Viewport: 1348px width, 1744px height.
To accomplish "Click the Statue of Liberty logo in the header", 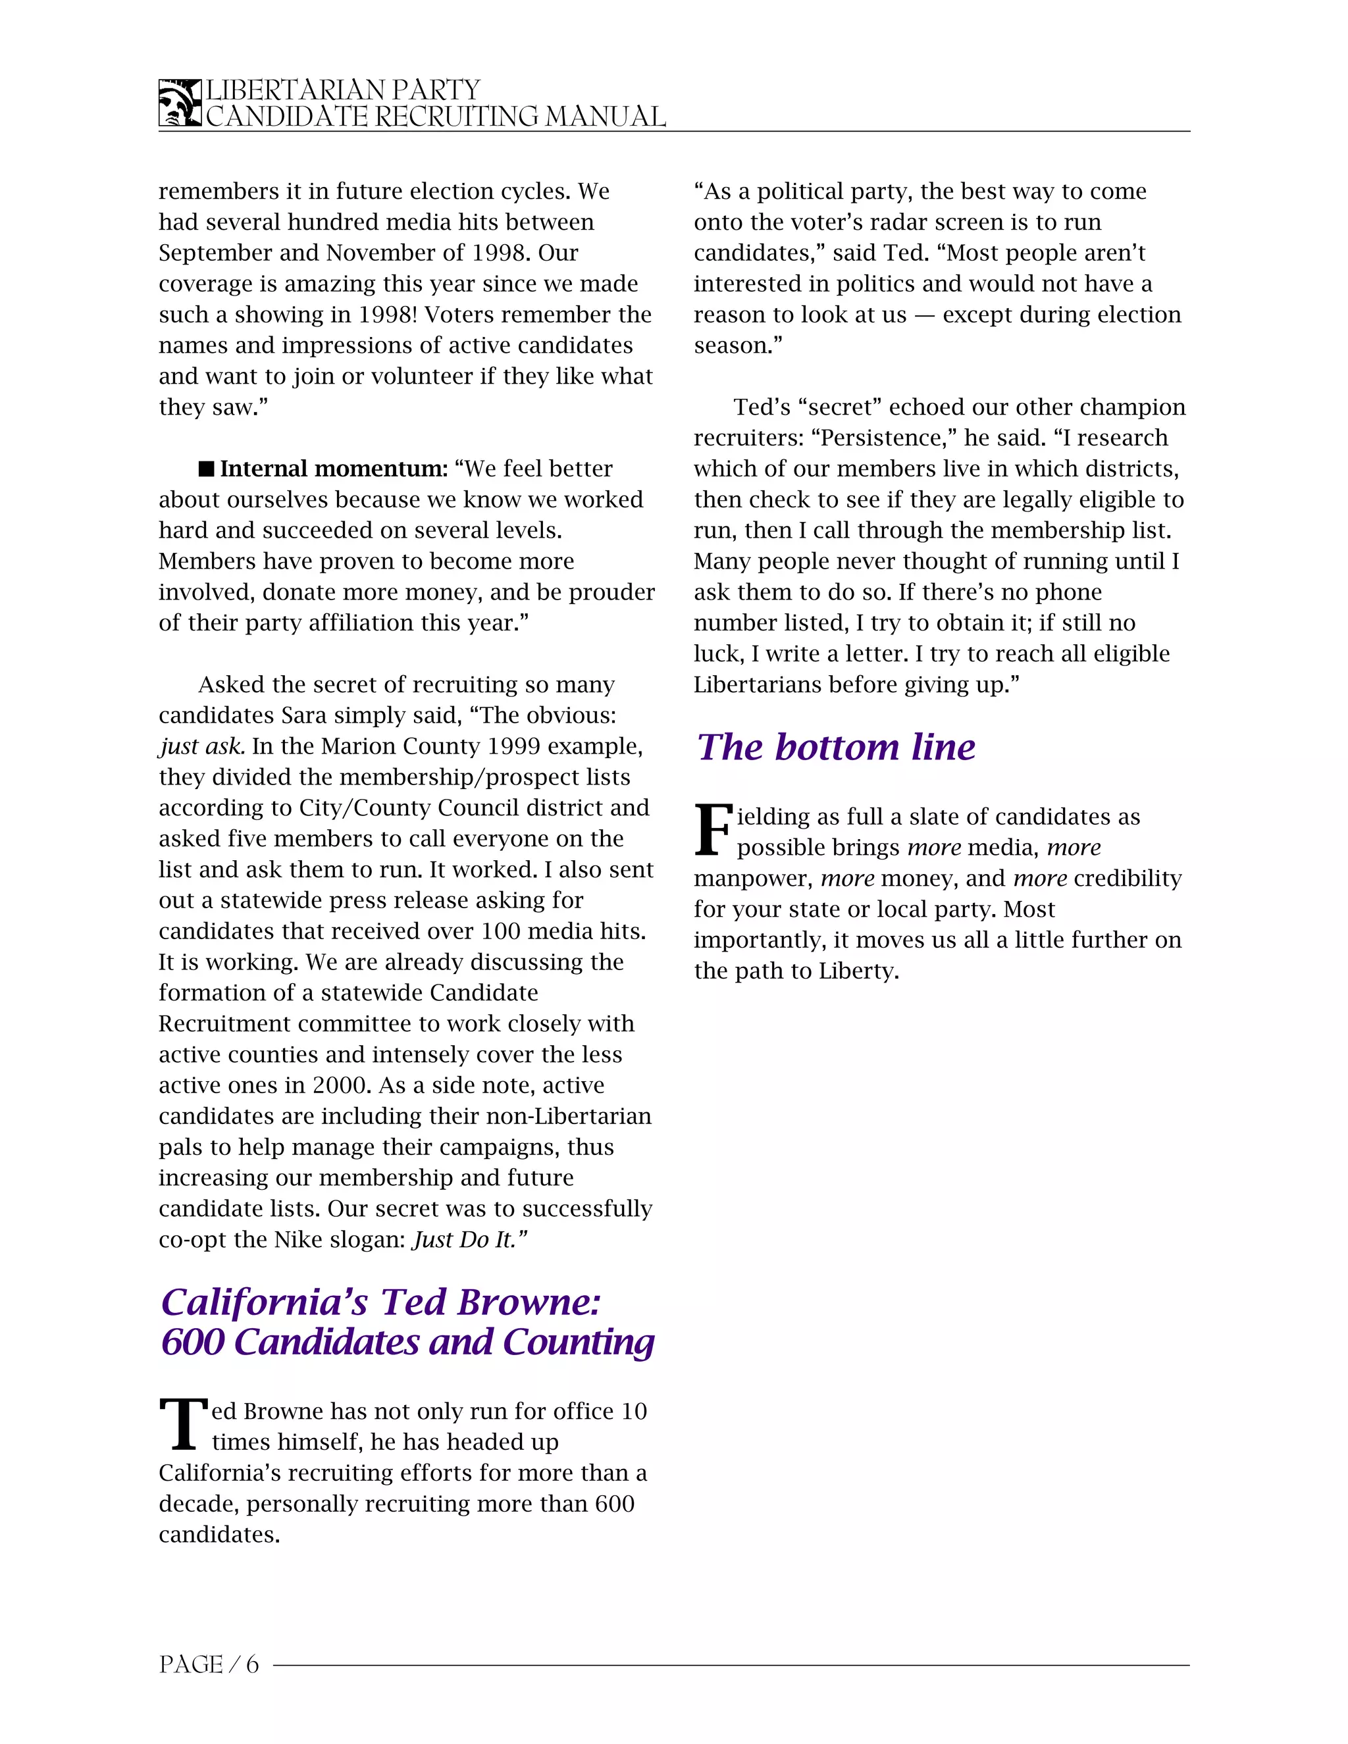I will pyautogui.click(x=180, y=103).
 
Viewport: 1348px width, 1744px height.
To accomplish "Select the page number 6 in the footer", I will pyautogui.click(x=252, y=1665).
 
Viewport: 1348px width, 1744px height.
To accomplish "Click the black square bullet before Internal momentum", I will pyautogui.click(x=206, y=469).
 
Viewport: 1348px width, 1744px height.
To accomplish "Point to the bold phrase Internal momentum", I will pyautogui.click(x=334, y=469).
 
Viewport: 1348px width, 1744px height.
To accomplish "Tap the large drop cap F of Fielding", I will pyautogui.click(x=712, y=831).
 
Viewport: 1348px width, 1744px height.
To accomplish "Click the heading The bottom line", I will pyautogui.click(x=835, y=748).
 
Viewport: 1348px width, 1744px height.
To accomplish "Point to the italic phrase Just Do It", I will pyautogui.click(x=468, y=1239).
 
